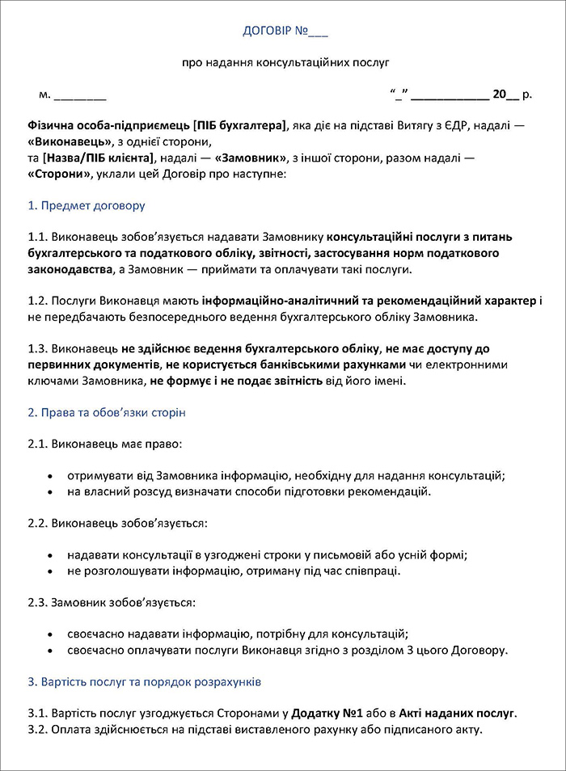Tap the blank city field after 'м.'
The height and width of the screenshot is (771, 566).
click(80, 95)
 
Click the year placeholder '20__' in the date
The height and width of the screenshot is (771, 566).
click(505, 95)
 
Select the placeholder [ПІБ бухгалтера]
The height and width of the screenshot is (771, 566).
click(239, 126)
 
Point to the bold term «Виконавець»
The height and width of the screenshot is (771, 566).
click(68, 141)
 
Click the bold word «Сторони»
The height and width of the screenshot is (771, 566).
click(60, 173)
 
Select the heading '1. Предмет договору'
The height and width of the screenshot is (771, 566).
click(87, 205)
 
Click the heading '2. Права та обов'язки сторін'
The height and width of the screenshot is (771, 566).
click(107, 412)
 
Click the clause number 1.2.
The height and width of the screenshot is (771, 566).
click(37, 301)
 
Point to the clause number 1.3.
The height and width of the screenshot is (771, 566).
click(37, 348)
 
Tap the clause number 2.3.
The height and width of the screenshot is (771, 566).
click(37, 603)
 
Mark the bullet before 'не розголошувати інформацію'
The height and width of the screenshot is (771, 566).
click(52, 571)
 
